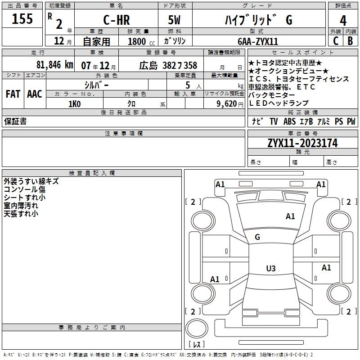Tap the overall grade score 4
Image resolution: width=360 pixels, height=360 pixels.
pyautogui.click(x=343, y=21)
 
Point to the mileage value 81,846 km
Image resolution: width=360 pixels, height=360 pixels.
pyautogui.click(x=54, y=65)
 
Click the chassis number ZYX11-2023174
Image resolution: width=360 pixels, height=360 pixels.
pyautogui.click(x=302, y=143)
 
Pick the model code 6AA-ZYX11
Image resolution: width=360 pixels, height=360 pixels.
pyautogui.click(x=258, y=41)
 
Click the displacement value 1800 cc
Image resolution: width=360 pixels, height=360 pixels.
pyautogui.click(x=140, y=41)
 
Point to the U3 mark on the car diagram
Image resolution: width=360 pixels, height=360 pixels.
pyautogui.click(x=270, y=268)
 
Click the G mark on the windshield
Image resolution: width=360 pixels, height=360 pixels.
pyautogui.click(x=257, y=237)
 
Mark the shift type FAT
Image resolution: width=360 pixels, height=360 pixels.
pyautogui.click(x=13, y=94)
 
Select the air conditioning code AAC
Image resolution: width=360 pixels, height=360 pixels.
pyautogui.click(x=35, y=94)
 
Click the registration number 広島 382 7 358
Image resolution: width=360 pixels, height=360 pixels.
pyautogui.click(x=168, y=65)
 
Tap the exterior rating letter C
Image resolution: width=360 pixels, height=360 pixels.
pyautogui.click(x=335, y=41)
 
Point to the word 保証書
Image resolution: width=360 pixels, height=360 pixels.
pyautogui.click(x=15, y=121)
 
